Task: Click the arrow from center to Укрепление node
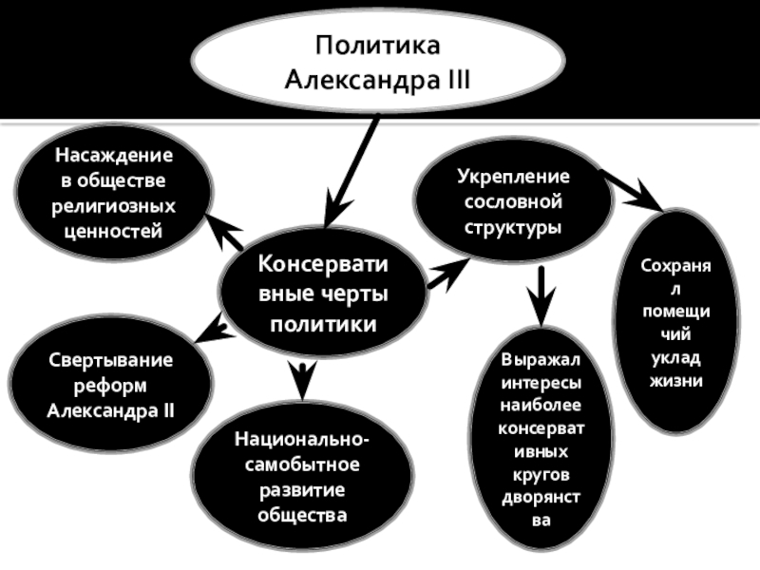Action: pyautogui.click(x=447, y=274)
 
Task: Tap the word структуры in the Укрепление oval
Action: pyautogui.click(x=512, y=228)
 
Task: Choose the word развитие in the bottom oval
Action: pyautogui.click(x=302, y=491)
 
